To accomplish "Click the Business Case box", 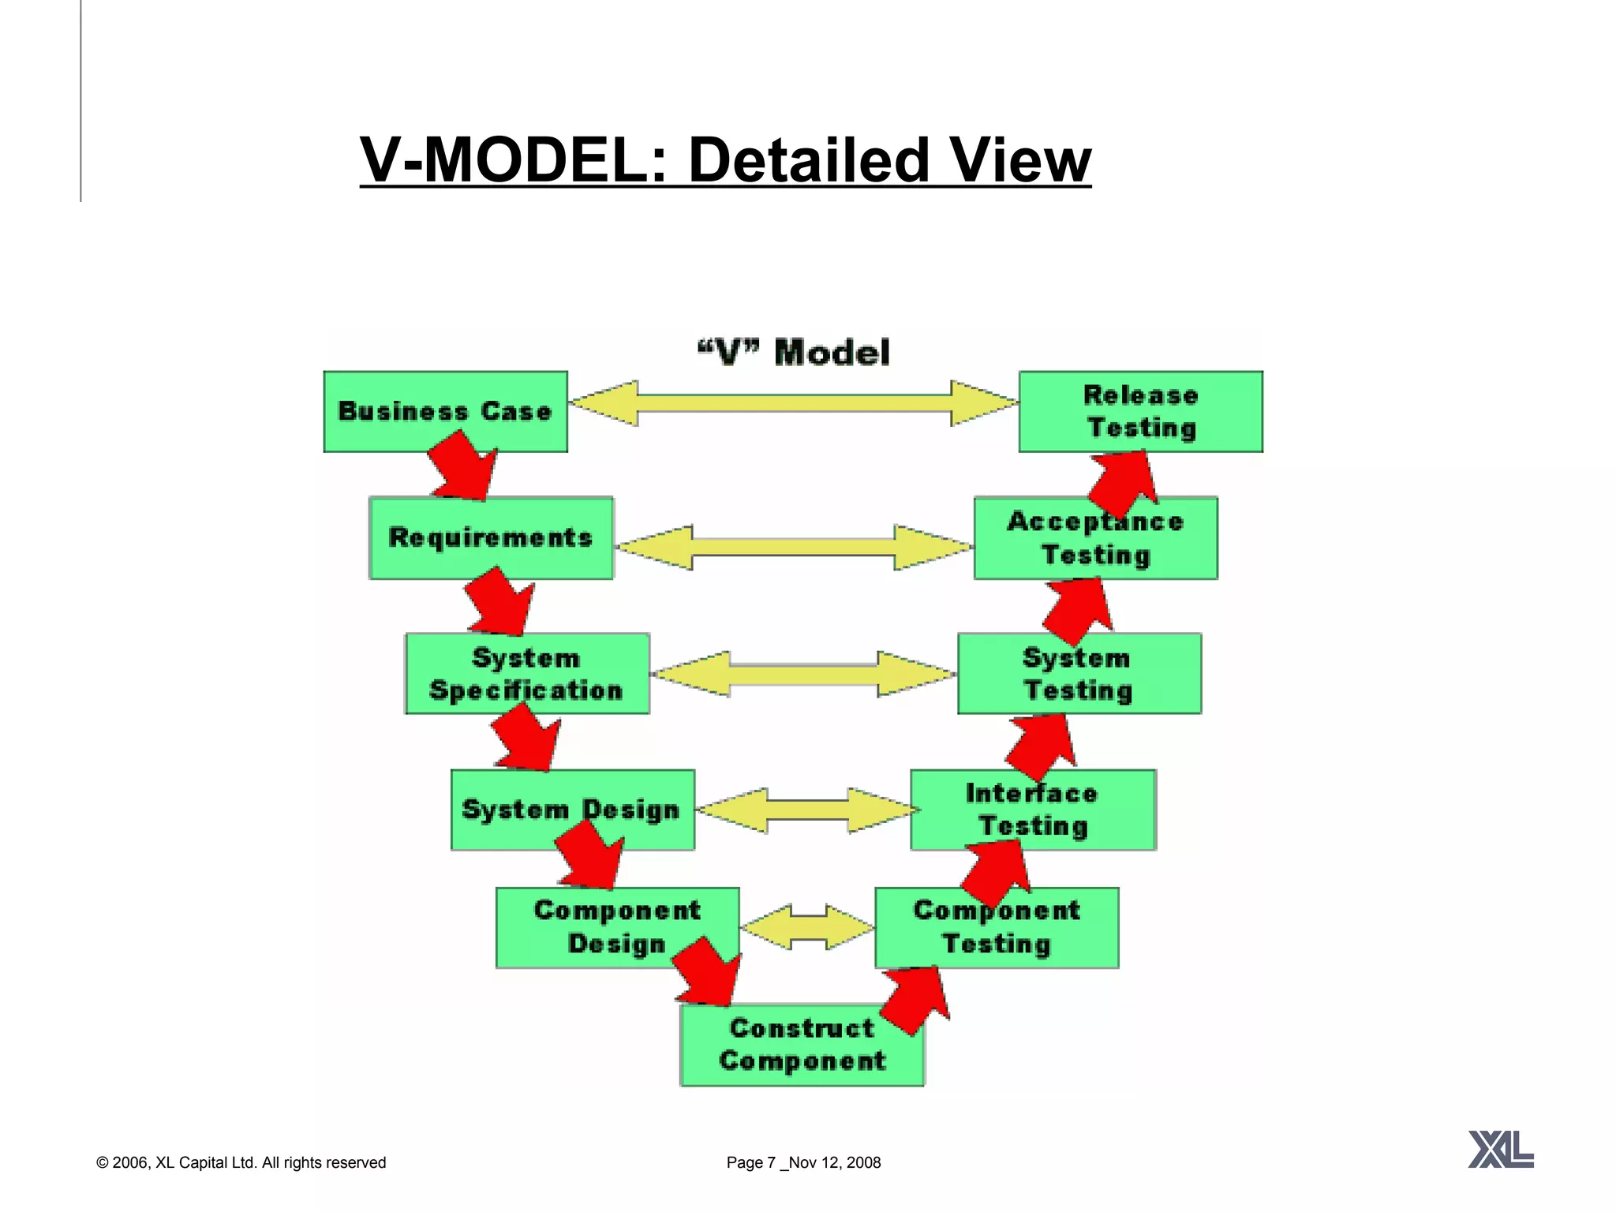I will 445,411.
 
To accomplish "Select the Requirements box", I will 490,537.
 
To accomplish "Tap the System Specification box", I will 527,673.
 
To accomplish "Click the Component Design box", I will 617,927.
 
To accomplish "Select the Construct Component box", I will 802,1045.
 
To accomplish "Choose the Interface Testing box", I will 1033,810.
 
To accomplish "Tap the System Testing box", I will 1079,673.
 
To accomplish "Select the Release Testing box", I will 1140,411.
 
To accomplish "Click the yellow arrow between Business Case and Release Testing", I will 793,403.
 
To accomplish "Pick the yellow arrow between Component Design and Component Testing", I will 807,927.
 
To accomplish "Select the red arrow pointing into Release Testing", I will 1123,481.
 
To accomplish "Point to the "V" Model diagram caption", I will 794,352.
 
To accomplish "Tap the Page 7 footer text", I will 802,1162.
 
